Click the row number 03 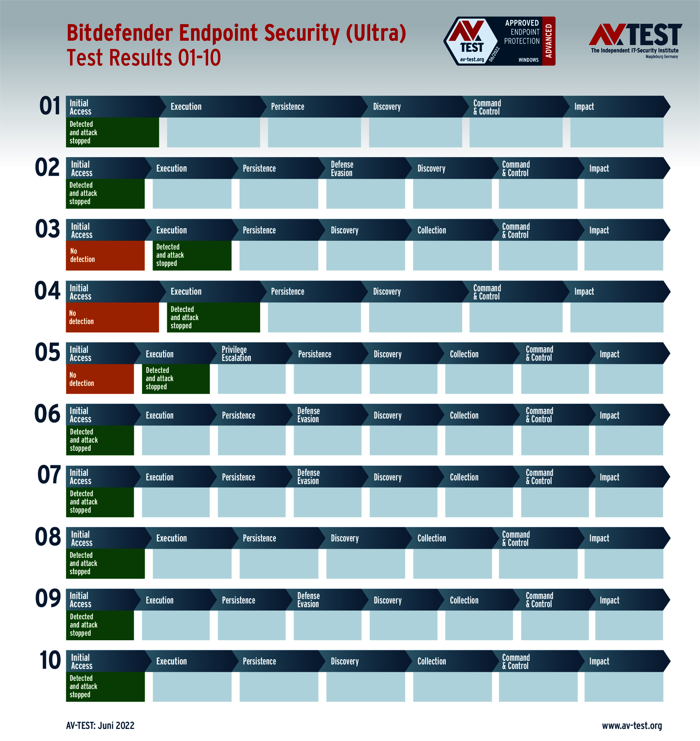(x=47, y=229)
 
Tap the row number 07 (x=49, y=475)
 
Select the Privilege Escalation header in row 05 (x=236, y=354)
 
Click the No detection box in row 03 (x=105, y=256)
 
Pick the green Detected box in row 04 (x=213, y=317)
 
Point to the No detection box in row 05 (x=100, y=379)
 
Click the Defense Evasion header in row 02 (x=342, y=168)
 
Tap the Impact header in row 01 (x=584, y=107)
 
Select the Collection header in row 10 (x=432, y=661)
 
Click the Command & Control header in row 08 (x=516, y=538)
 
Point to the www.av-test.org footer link (x=632, y=726)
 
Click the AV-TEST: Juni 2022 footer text (x=100, y=725)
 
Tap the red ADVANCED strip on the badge (x=549, y=41)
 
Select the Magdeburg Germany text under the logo (x=661, y=57)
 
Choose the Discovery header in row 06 (x=388, y=415)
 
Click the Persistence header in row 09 (x=238, y=600)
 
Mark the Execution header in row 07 (x=159, y=477)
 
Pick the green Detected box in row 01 (x=112, y=132)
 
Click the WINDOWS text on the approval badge (x=528, y=60)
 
